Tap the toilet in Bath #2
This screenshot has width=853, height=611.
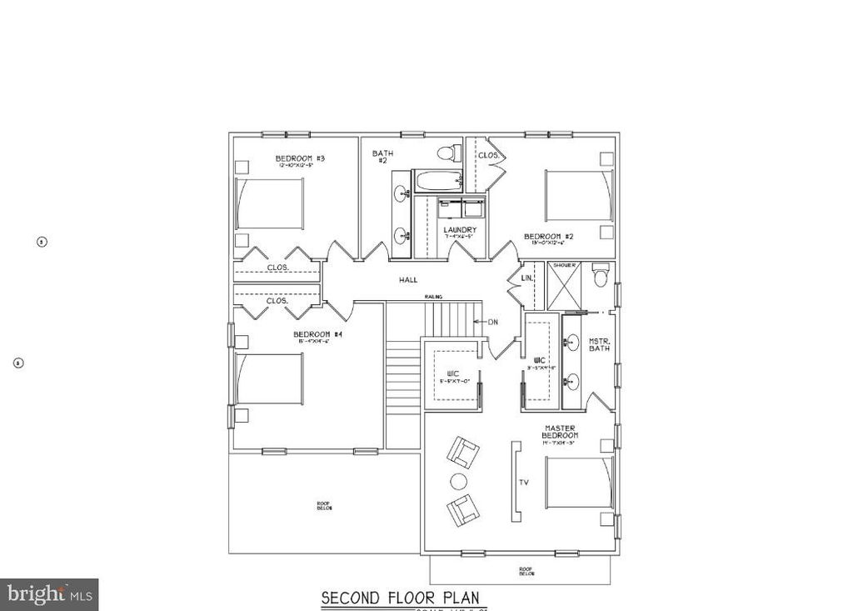tap(447, 153)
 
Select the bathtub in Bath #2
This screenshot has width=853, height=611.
tap(437, 181)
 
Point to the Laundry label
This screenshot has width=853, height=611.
tap(460, 230)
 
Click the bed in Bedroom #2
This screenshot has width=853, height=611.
tap(579, 196)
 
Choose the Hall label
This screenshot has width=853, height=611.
tap(408, 280)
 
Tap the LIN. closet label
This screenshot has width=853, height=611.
tap(526, 277)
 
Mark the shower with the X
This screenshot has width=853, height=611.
tap(564, 286)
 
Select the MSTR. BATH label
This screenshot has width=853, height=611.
tap(599, 343)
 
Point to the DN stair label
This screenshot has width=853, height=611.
tap(492, 322)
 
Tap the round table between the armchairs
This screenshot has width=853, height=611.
tap(458, 481)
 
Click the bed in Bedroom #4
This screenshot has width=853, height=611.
tap(270, 379)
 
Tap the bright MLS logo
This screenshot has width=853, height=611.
tap(49, 594)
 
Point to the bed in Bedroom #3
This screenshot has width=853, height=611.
tap(270, 203)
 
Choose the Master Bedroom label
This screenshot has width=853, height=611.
tap(561, 431)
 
